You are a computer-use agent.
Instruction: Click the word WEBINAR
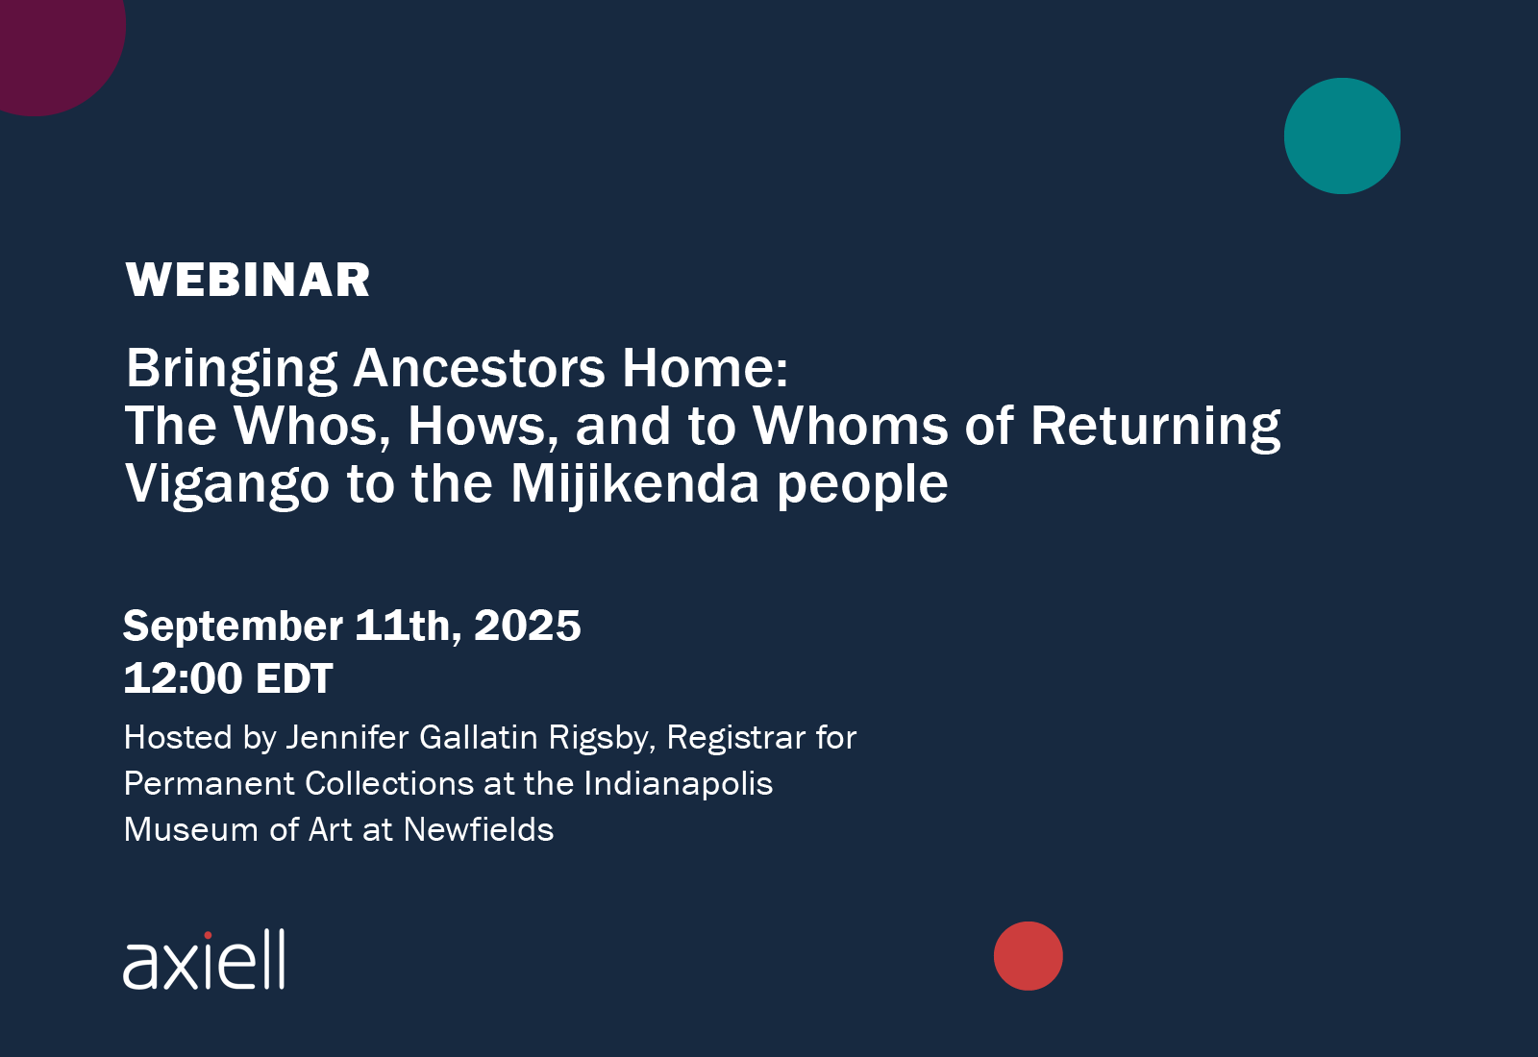tap(248, 280)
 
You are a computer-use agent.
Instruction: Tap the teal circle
tap(1342, 135)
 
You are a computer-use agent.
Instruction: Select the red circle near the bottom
tap(1029, 956)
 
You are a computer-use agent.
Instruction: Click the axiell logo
tap(204, 960)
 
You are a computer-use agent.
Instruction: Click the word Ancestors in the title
tap(479, 369)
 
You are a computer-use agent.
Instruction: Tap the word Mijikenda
tap(634, 484)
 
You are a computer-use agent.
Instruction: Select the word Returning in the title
tap(1155, 427)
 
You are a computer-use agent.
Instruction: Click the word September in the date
tap(233, 627)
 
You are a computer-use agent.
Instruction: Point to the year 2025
tap(528, 626)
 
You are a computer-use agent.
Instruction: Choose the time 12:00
tap(184, 678)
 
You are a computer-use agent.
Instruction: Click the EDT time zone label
tap(294, 678)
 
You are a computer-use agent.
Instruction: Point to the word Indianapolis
tap(679, 784)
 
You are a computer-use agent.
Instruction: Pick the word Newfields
tap(479, 830)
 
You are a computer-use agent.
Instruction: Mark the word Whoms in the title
tap(851, 427)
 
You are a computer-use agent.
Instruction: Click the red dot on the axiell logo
tap(208, 935)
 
